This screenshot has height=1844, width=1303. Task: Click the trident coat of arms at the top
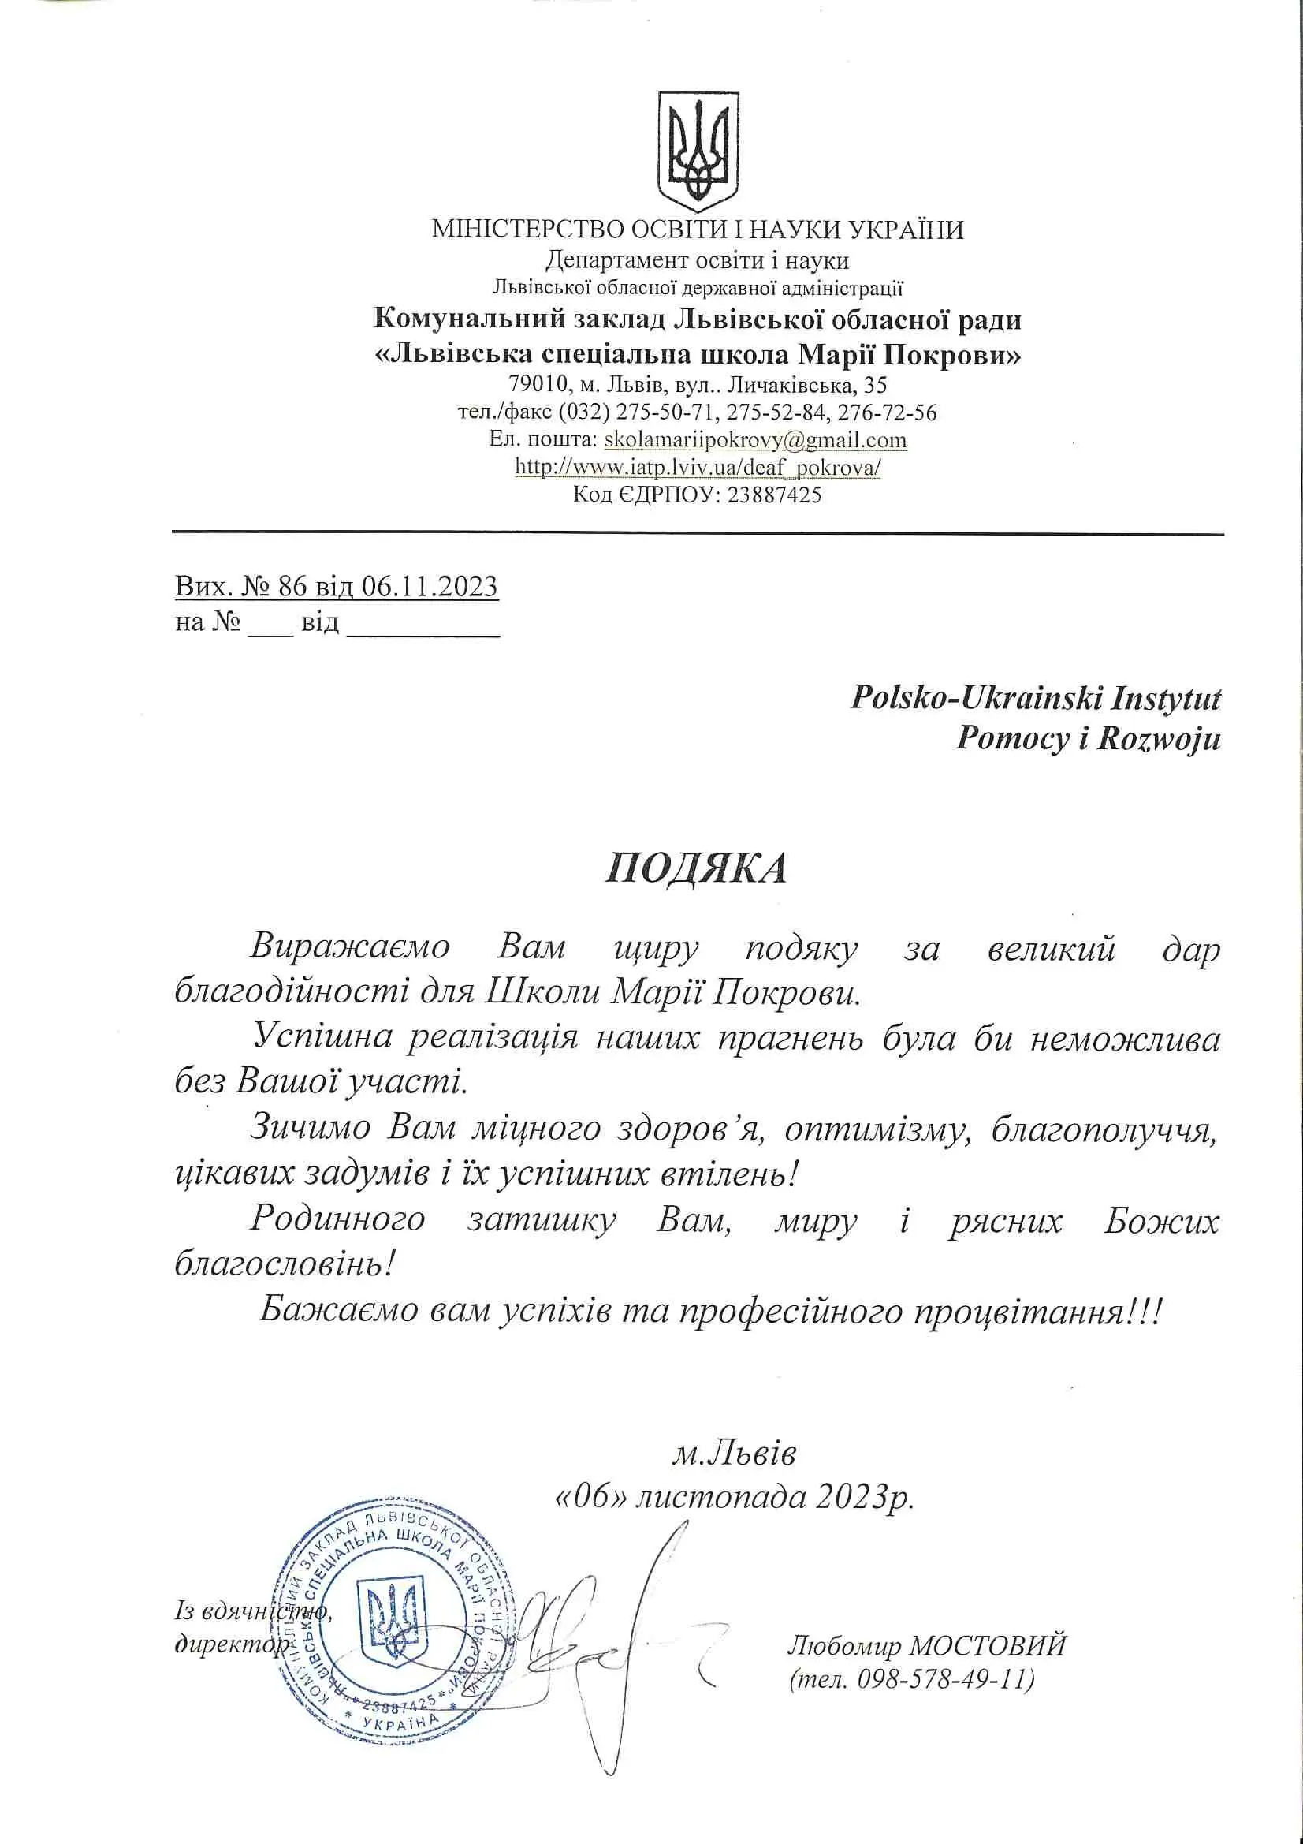(698, 151)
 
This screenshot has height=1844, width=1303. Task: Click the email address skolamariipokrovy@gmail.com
(755, 440)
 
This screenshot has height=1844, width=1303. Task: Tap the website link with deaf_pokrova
(697, 467)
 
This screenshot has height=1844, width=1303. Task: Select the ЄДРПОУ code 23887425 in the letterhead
(775, 495)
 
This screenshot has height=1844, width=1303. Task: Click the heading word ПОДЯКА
(696, 868)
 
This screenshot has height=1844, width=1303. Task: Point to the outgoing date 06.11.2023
(430, 586)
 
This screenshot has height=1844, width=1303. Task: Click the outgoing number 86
(292, 586)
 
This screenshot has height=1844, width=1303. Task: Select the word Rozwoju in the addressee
(1159, 738)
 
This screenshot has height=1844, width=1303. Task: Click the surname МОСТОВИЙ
(988, 1645)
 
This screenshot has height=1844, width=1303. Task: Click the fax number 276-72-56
(887, 412)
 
